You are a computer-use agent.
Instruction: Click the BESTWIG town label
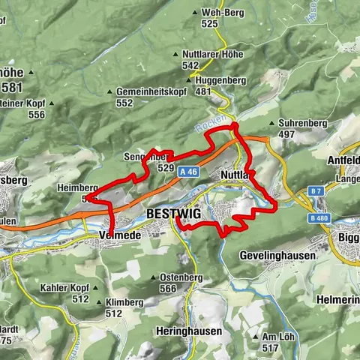click(174, 214)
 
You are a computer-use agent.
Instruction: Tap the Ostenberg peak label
click(181, 277)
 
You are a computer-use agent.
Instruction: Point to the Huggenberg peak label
click(217, 80)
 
